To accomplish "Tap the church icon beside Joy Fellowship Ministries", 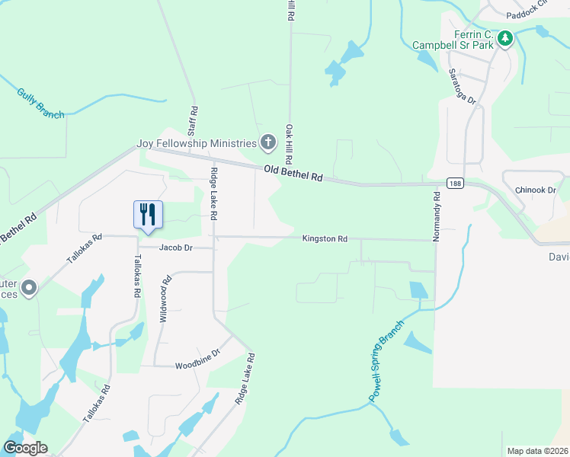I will pos(267,142).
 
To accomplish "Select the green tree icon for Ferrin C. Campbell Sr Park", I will pos(504,37).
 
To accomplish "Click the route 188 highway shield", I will pos(455,184).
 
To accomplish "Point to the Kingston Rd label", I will pos(325,239).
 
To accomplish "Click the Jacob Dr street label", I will pos(175,248).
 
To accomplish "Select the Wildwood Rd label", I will pos(165,299).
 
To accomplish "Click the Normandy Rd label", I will pos(437,216).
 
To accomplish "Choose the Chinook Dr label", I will pos(536,190).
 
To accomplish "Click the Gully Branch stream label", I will pos(40,103).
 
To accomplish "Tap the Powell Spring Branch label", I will pos(387,361).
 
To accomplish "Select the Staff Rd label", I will pos(193,120).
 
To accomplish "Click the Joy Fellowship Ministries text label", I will pos(197,143).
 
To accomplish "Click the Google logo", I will pos(25,448).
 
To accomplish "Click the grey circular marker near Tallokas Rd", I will pos(29,288).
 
